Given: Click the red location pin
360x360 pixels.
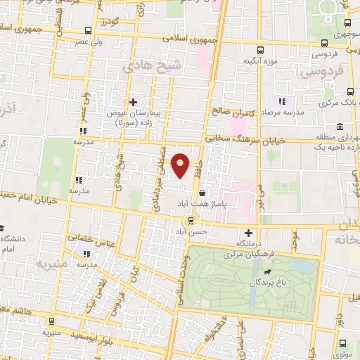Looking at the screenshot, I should point(181,165).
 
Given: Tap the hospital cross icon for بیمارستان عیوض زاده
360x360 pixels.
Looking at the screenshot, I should point(132,103).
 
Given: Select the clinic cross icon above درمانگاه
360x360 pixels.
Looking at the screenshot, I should point(247,233).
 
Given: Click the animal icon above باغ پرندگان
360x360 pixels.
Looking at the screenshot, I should point(267,272).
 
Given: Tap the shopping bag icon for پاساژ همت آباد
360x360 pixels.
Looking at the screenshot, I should point(202,193).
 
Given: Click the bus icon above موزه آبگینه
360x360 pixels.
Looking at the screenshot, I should point(260,51).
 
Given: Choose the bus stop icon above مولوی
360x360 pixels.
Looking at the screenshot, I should point(342,344).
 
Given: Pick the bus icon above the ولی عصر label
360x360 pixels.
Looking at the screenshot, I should point(87,31).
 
